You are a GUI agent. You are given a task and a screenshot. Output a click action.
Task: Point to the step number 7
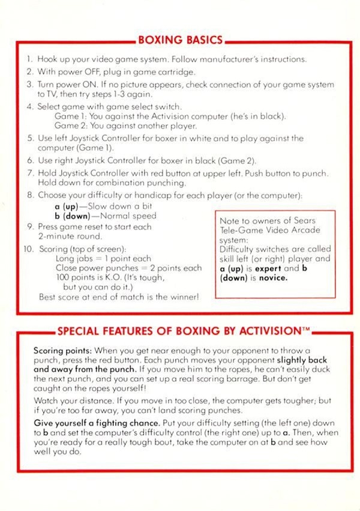point(29,174)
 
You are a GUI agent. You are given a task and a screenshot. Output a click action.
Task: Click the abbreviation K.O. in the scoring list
point(113,278)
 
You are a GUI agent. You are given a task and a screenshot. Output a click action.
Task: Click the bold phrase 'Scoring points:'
point(61,349)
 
